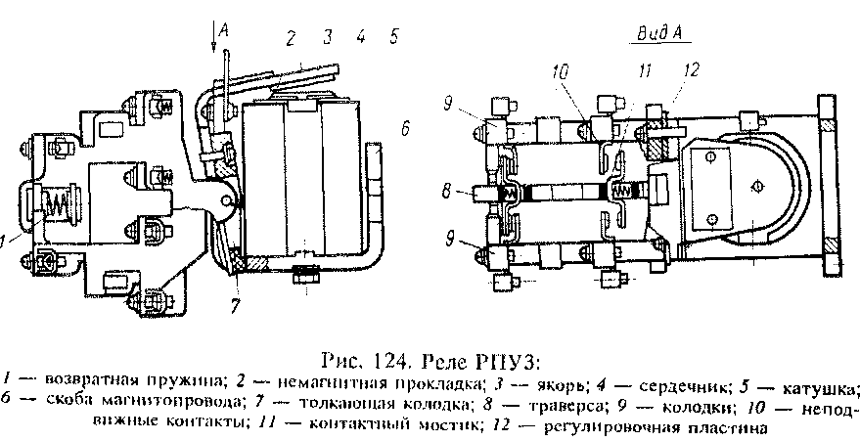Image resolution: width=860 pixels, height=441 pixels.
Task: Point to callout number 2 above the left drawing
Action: pyautogui.click(x=290, y=38)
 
